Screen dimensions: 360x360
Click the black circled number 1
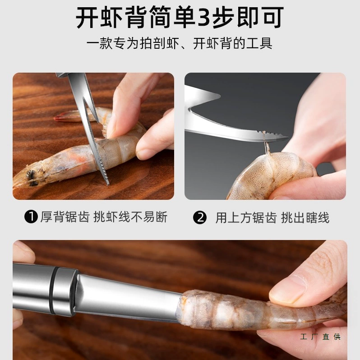tap(31, 217)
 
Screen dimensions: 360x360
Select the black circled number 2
tap(199, 217)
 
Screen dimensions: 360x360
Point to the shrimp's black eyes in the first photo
tap(32, 178)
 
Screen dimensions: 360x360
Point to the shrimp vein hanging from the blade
tap(267, 145)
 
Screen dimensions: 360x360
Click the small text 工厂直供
tap(320, 337)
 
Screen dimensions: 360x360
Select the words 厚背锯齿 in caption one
tap(65, 217)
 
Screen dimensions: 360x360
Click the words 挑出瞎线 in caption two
tap(305, 217)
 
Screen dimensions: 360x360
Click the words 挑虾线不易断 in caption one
tap(130, 217)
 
